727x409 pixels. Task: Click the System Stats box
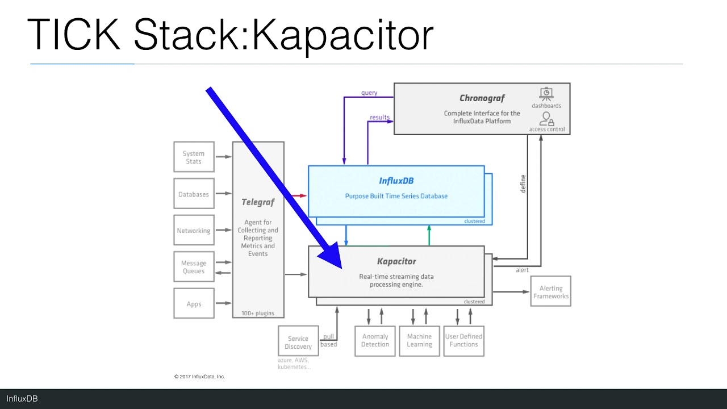point(194,157)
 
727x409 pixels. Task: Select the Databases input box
point(194,194)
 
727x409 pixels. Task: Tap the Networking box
point(194,231)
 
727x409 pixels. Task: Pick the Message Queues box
point(194,267)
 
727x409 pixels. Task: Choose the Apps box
point(194,304)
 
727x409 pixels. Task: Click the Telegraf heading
point(258,202)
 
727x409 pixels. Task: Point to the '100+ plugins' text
point(257,313)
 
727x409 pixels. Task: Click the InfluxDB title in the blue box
point(396,181)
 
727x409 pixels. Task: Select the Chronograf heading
point(482,98)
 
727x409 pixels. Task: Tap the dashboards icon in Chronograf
point(546,94)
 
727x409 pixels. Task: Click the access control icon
point(546,119)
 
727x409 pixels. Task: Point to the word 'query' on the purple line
point(369,93)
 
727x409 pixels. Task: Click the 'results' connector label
point(379,118)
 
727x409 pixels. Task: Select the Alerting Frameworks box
point(550,292)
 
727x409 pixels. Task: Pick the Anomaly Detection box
point(375,340)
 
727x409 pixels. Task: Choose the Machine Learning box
point(419,340)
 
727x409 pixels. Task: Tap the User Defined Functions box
point(463,340)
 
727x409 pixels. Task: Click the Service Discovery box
point(298,343)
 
